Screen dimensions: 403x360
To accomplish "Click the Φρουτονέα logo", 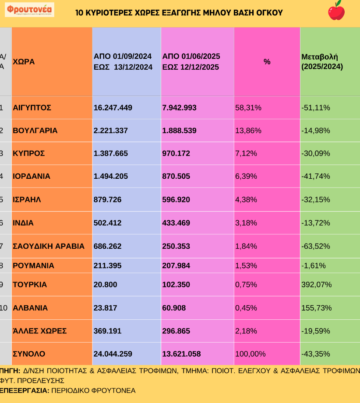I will point(29,10).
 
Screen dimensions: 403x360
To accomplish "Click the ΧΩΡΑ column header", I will point(24,62).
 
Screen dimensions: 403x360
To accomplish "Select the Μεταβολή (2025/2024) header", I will point(322,62).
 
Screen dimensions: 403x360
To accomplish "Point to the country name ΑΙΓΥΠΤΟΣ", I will point(32,107).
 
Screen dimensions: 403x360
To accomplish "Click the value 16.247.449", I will point(113,107).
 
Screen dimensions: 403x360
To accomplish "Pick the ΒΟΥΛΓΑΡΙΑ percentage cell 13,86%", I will point(248,131).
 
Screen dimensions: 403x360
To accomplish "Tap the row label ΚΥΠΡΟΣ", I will point(29,153).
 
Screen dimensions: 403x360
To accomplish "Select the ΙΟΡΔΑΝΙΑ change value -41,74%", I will point(316,176).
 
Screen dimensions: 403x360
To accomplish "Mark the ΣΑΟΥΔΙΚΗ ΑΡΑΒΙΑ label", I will point(49,246).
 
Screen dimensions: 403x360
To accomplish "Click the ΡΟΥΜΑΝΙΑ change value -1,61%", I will point(314,265).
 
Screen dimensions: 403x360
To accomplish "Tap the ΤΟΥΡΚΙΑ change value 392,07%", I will point(316,285).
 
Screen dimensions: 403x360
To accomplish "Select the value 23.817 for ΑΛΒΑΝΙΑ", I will point(106,308).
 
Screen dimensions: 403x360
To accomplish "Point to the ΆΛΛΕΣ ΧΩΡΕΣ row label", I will point(39,331).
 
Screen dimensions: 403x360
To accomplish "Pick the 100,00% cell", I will point(251,354).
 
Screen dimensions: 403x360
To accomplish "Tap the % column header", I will point(267,62).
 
